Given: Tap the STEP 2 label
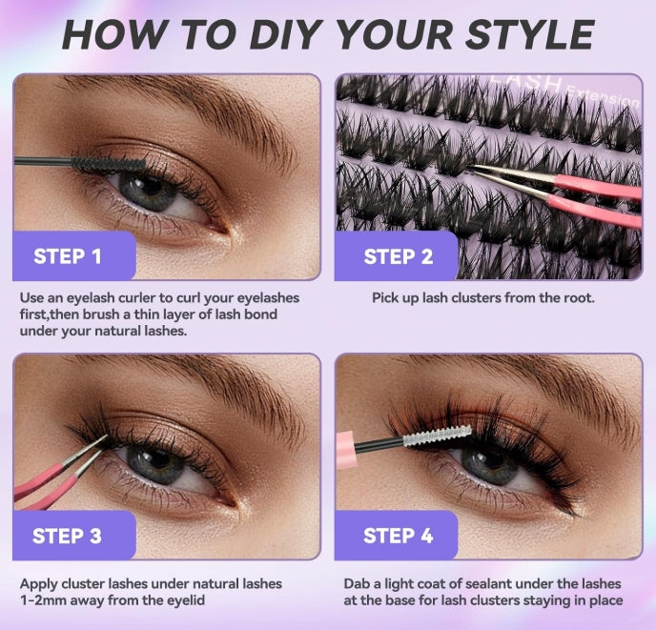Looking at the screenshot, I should (x=398, y=255).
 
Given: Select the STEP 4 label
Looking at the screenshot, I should (x=398, y=536).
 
